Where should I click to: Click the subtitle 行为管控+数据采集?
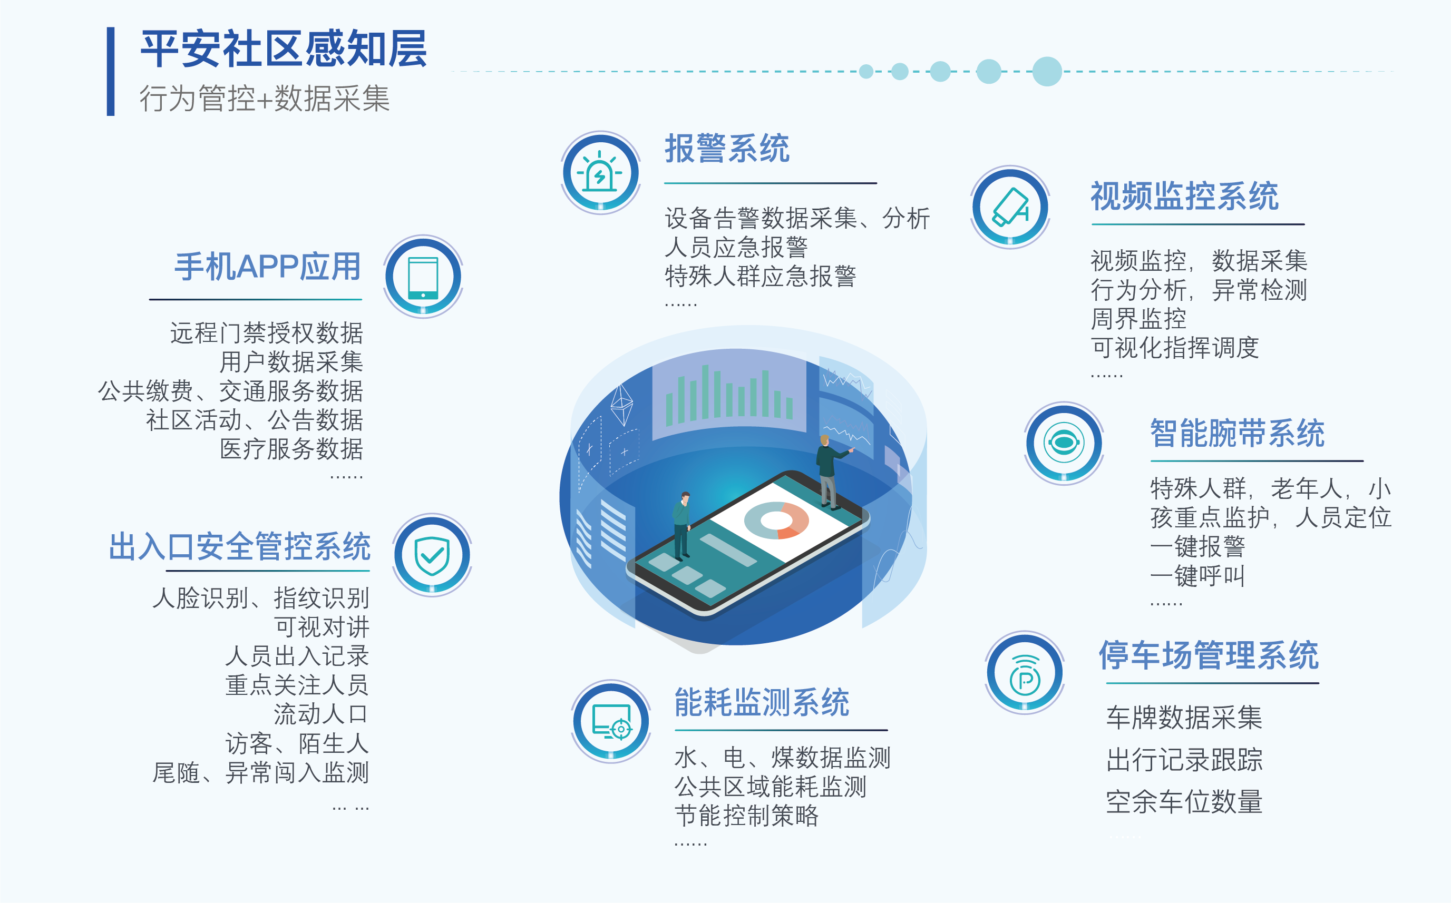pos(265,98)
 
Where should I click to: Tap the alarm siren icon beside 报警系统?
pos(600,173)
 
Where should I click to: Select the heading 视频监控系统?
pos(1185,196)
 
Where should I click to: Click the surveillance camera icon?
pos(1010,207)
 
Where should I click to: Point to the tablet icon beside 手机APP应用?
pos(423,277)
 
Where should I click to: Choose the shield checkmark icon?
pos(432,555)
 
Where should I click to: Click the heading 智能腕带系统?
pos(1237,433)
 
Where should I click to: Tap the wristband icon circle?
pos(1064,443)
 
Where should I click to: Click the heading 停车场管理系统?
pos(1209,655)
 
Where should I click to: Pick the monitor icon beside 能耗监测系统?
pos(610,721)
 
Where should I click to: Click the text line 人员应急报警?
pos(736,247)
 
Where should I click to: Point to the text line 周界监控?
pos(1138,319)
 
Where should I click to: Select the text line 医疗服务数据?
pos(291,449)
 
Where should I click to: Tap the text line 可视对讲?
pos(322,627)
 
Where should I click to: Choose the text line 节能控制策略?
pos(746,816)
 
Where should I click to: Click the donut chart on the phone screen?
pos(776,520)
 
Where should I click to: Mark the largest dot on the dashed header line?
pos(1047,72)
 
